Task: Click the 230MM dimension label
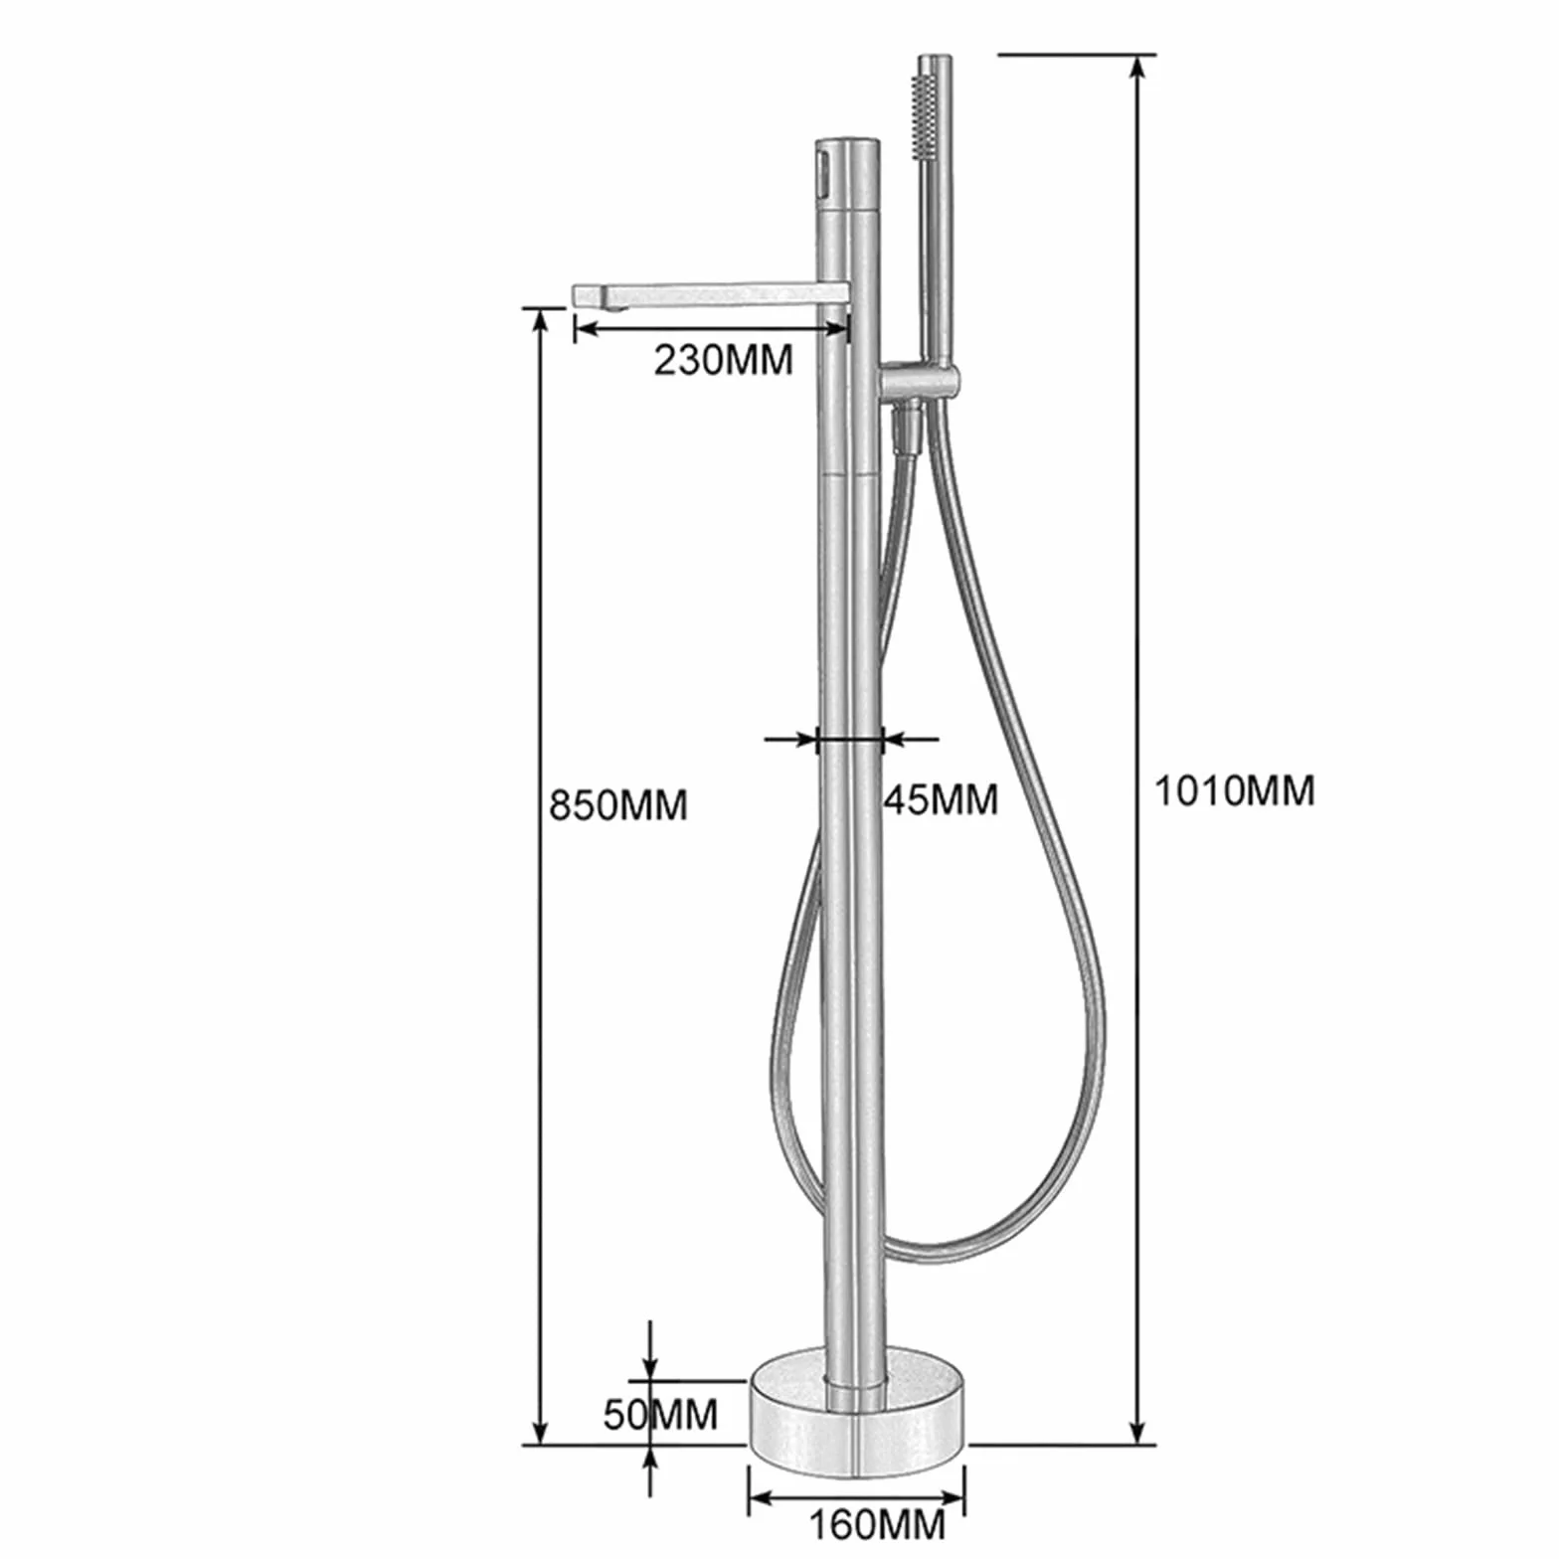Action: (723, 359)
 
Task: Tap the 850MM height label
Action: (618, 804)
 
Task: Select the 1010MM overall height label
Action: (1234, 790)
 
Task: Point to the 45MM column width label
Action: (941, 798)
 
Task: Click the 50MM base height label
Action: (660, 1414)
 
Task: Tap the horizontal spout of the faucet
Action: (711, 295)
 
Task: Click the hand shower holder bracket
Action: (919, 381)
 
